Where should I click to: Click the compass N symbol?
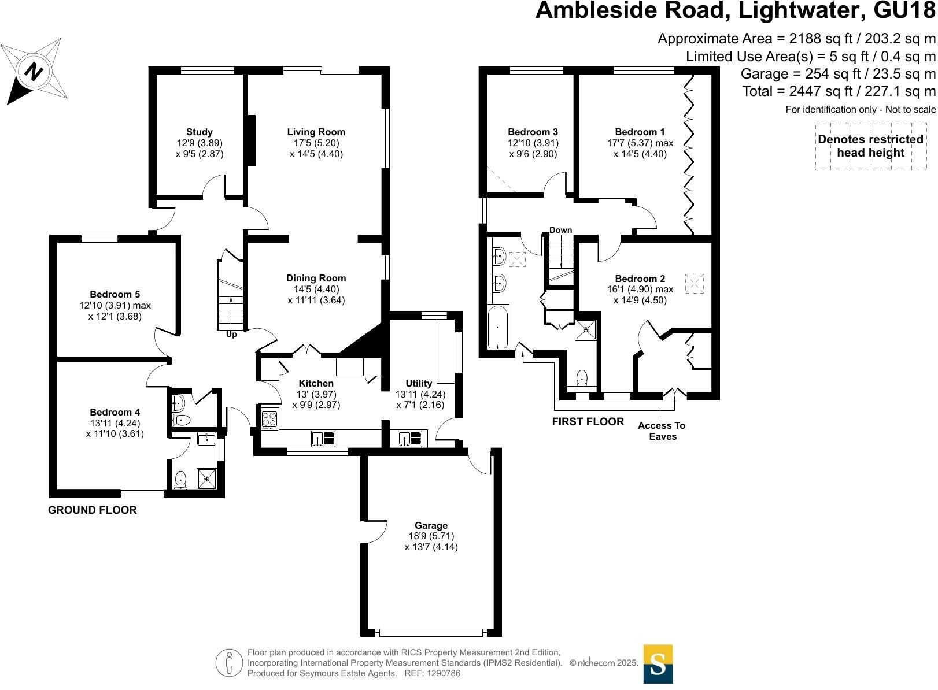point(34,71)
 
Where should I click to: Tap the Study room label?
point(200,132)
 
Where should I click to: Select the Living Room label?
point(316,132)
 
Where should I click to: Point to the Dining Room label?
point(316,279)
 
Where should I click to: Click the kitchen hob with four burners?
point(269,419)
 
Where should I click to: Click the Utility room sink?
point(410,439)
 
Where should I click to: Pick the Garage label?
point(431,525)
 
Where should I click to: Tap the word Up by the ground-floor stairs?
point(231,334)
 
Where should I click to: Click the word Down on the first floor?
point(561,230)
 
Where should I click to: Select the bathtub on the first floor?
point(498,327)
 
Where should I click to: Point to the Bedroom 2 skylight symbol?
point(695,284)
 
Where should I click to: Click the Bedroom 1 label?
point(640,132)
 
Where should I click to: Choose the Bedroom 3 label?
point(533,132)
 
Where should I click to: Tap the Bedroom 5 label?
point(115,294)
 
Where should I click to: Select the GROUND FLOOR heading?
point(93,510)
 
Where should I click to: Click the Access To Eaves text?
point(662,431)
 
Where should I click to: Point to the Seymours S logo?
point(658,664)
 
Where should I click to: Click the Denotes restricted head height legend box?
point(871,146)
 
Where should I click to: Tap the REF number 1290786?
point(443,673)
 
